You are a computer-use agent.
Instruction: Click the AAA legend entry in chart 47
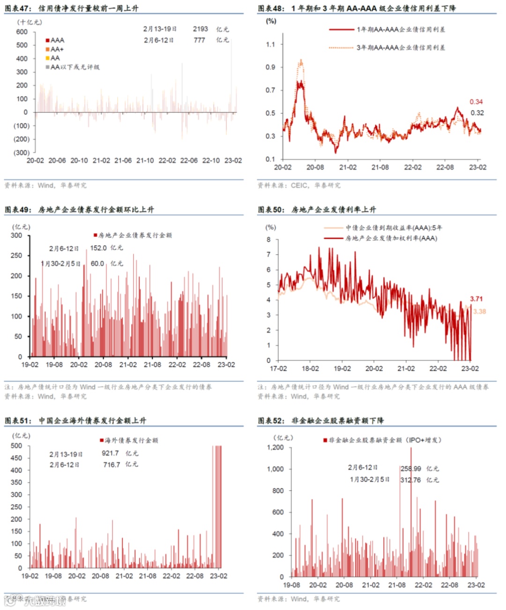(55, 40)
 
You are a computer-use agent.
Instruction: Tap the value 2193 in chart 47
(201, 29)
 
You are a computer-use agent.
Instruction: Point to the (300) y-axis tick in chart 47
(22, 153)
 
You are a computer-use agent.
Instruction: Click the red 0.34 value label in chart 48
(476, 102)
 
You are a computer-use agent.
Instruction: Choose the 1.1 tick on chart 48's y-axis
(270, 44)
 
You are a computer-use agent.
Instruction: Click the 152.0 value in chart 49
(98, 248)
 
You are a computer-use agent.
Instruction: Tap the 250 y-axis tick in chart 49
(16, 256)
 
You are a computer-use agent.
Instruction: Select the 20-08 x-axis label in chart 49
(103, 365)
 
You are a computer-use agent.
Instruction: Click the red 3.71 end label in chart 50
(476, 299)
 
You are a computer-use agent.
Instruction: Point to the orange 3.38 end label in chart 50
(479, 311)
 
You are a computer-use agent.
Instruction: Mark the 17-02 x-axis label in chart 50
(278, 368)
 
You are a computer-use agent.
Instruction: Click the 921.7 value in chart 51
(111, 453)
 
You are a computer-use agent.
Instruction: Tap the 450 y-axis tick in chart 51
(16, 458)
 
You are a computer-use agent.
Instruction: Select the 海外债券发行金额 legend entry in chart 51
(129, 440)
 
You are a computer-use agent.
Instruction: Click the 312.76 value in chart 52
(410, 480)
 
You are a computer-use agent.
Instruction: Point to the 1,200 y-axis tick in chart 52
(275, 448)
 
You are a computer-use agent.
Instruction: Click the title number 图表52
(270, 420)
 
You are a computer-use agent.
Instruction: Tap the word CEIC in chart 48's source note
(299, 185)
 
